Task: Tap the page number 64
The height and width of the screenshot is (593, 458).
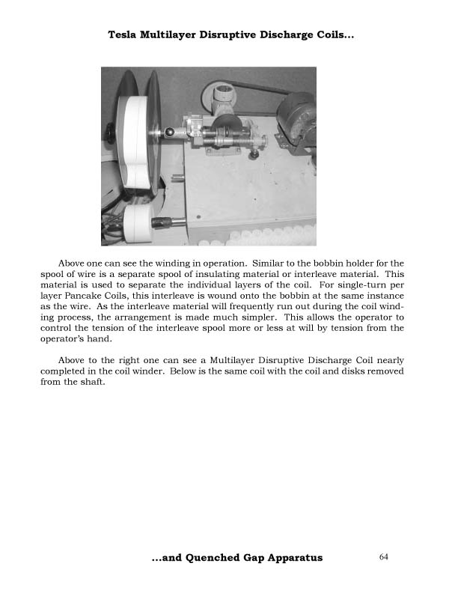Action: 384,556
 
